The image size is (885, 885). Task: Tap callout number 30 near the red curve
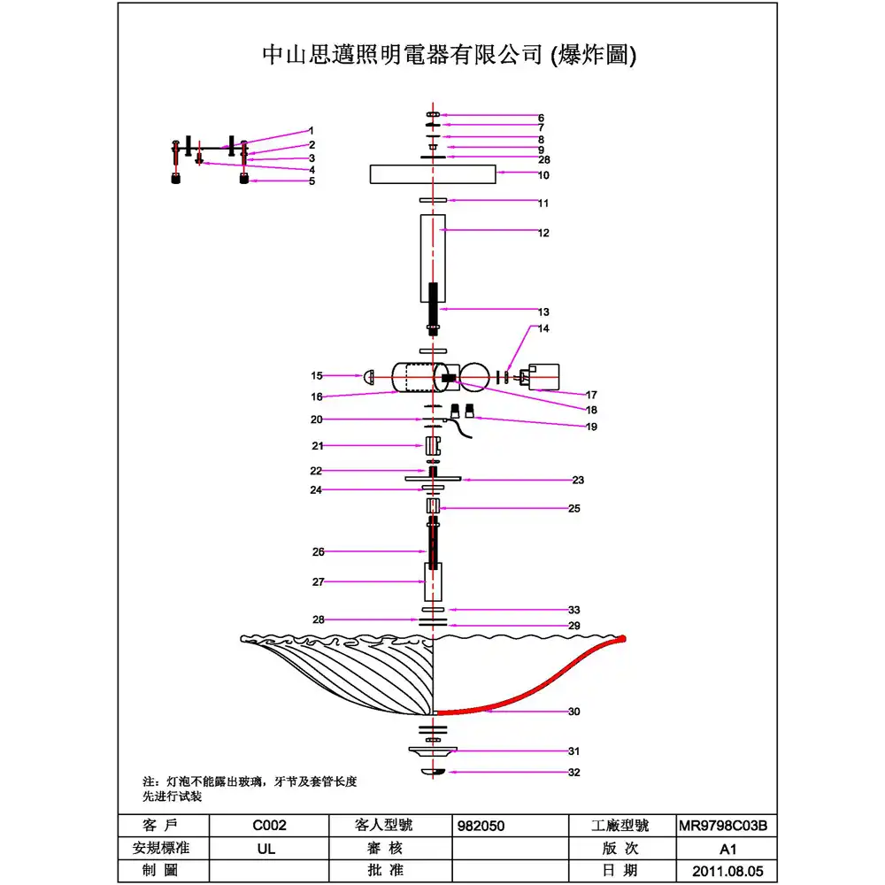pos(573,712)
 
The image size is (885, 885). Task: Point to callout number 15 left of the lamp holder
pos(317,375)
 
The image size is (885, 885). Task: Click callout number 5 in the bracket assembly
pos(312,181)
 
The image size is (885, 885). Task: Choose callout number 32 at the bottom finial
pos(573,773)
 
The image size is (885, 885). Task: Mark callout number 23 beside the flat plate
pos(578,481)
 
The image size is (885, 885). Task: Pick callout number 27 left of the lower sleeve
pos(318,581)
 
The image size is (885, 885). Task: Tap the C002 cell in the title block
pos(268,826)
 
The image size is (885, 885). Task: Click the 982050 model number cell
pos(482,826)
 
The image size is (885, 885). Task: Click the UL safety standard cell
pos(268,848)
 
